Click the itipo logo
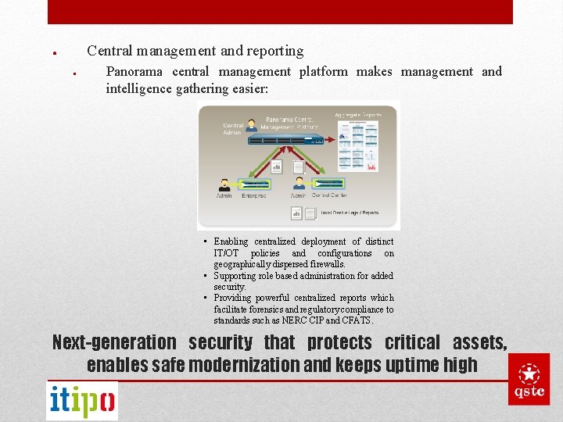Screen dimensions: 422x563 coord(82,400)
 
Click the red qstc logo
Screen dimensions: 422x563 coord(529,379)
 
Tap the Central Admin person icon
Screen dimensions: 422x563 coord(252,125)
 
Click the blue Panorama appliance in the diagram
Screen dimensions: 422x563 coord(285,139)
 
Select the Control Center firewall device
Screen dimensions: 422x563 coord(328,184)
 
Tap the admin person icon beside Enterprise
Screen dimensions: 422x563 coord(224,184)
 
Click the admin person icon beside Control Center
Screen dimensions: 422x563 coord(299,184)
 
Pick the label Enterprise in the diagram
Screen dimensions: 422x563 coord(253,195)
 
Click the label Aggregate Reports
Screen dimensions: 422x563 coord(357,115)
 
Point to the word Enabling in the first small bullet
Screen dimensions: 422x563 coord(231,242)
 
